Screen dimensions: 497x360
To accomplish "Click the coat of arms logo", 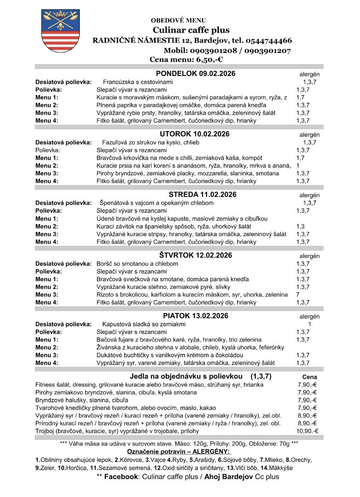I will click(x=57, y=31).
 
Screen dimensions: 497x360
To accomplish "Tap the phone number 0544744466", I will click(x=262, y=40).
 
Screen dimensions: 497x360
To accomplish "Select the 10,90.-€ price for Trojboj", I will click(x=308, y=431).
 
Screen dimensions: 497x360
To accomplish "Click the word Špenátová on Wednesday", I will click(x=115, y=203).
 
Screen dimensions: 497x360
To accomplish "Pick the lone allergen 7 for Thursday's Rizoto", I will click(x=298, y=295).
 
